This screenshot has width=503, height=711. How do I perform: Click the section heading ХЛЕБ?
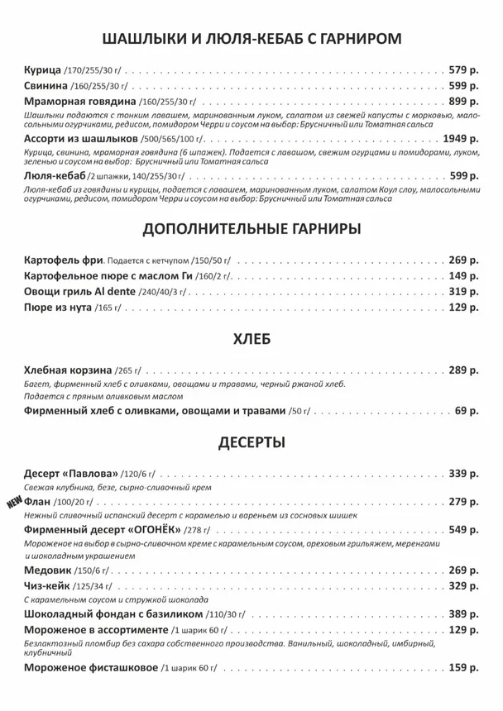251,339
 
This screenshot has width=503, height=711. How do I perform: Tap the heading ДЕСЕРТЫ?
251,442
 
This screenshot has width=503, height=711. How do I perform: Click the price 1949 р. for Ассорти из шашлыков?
461,138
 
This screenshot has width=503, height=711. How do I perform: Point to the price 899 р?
463,101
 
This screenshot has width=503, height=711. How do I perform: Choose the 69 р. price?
467,411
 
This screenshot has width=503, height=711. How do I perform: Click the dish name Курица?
42,69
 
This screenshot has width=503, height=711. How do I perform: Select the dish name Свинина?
46,85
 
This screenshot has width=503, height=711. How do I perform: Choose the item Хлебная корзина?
68,370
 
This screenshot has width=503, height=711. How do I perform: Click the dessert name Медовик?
49,570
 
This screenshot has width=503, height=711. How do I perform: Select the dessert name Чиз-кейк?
47,585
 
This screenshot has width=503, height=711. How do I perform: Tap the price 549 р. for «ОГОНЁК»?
463,529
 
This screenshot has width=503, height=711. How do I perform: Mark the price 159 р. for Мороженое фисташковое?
463,667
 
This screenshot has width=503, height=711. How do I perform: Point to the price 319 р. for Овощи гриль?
463,291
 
